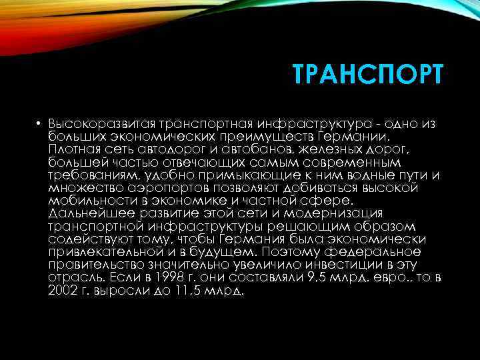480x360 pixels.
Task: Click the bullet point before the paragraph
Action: pyautogui.click(x=40, y=124)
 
